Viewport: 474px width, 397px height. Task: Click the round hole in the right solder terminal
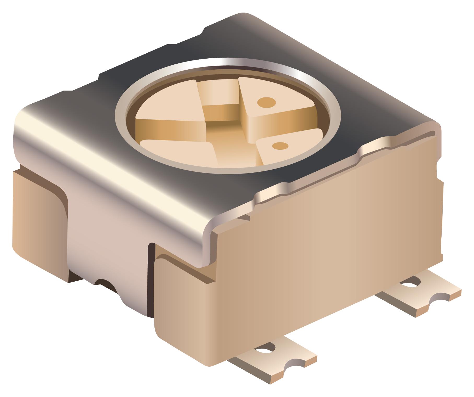tap(411, 283)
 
